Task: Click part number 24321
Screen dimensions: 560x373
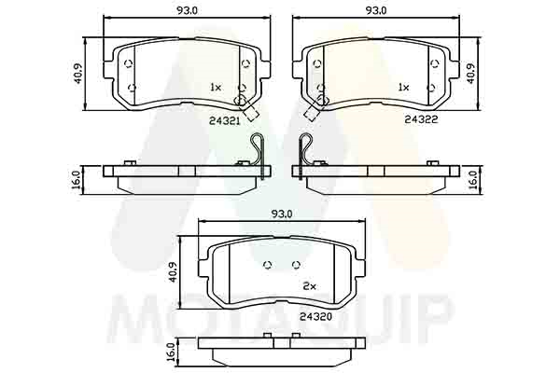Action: coord(224,121)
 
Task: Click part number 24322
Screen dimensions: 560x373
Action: coord(422,119)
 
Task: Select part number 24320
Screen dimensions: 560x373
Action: coord(316,317)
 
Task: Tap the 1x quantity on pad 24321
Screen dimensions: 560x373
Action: coord(217,87)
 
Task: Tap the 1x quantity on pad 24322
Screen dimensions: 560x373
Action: coord(403,87)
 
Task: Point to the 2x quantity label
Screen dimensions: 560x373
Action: coord(310,286)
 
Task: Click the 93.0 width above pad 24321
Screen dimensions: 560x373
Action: coord(187,10)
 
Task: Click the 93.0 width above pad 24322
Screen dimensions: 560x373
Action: coord(376,10)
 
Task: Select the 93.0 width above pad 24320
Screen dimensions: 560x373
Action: coord(282,214)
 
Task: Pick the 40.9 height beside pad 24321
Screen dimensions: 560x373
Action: coord(77,74)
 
